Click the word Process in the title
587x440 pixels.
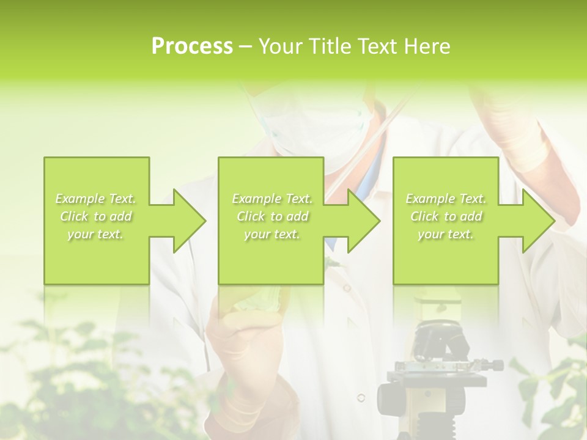pos(192,46)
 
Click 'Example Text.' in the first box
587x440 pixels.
pos(96,199)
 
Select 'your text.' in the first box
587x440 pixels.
pos(96,234)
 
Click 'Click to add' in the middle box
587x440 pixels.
pos(272,216)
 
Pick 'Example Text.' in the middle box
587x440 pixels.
pos(272,199)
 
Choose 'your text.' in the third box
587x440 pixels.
pos(446,234)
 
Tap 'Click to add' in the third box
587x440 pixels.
pos(446,216)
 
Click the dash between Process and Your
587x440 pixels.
pos(246,47)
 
